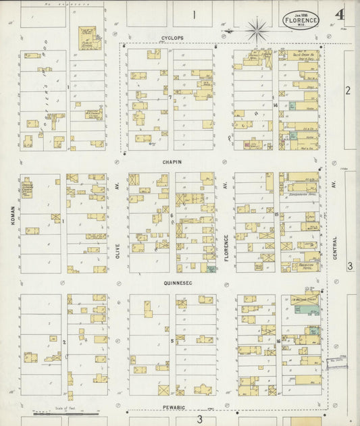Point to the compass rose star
coord(257,30)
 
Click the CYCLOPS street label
coord(172,38)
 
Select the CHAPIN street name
coord(172,162)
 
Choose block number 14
coord(276,105)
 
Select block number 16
coord(278,342)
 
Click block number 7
coord(170,97)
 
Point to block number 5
coord(172,342)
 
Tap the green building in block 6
coord(211,269)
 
